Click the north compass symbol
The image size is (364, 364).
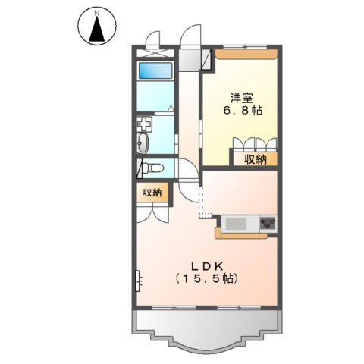click(96, 28)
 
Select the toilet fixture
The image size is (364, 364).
click(152, 167)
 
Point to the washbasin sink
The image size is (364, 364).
click(144, 144)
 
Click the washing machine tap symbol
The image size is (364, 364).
click(144, 122)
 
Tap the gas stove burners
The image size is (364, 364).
click(268, 223)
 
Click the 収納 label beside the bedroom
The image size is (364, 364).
click(256, 159)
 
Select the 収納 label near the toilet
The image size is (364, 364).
click(152, 193)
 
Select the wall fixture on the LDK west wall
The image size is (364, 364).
click(139, 281)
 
